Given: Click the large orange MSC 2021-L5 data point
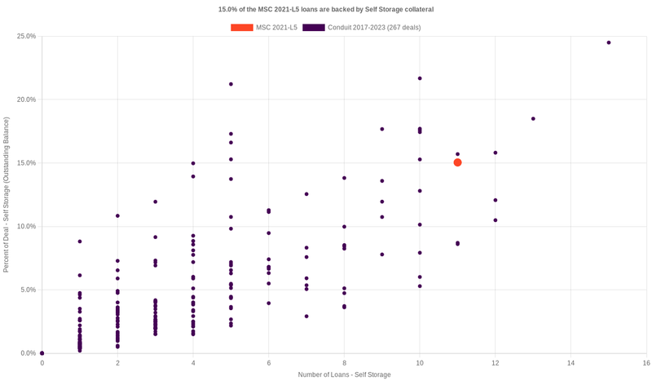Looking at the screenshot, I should [x=457, y=162].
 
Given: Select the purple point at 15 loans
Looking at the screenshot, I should [x=609, y=42].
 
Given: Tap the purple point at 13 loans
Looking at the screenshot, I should [x=533, y=118].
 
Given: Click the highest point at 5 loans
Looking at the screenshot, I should [x=231, y=84].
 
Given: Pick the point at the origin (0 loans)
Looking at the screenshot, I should [x=42, y=353].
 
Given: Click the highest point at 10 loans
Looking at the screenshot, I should [x=420, y=78].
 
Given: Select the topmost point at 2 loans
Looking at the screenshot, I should [x=117, y=215].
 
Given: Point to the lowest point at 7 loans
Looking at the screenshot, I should [x=306, y=316].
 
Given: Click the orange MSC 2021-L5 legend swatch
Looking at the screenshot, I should [x=241, y=28].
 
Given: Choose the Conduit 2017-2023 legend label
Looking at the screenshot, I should [x=374, y=28].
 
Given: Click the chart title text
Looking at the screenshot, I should [x=326, y=9].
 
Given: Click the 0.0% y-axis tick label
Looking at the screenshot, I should [x=28, y=353].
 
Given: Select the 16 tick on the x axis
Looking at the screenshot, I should [x=645, y=362].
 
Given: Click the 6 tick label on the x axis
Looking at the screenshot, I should [x=269, y=362].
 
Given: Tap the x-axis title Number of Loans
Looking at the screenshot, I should [x=344, y=374].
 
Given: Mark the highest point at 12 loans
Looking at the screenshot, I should [x=495, y=153].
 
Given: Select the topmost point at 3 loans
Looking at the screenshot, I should [x=155, y=202].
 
